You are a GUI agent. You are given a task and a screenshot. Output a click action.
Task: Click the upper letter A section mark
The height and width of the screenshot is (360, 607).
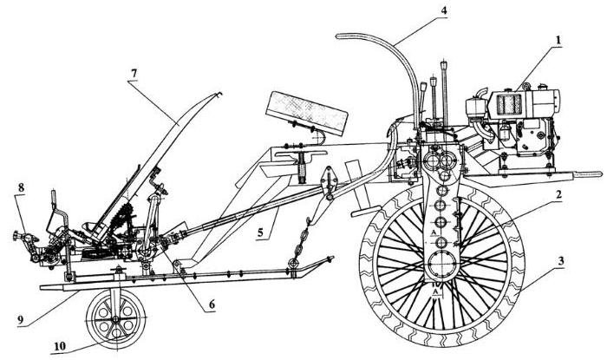(432, 232)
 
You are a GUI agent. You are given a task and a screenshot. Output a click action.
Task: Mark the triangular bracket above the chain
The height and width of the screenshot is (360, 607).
(328, 182)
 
